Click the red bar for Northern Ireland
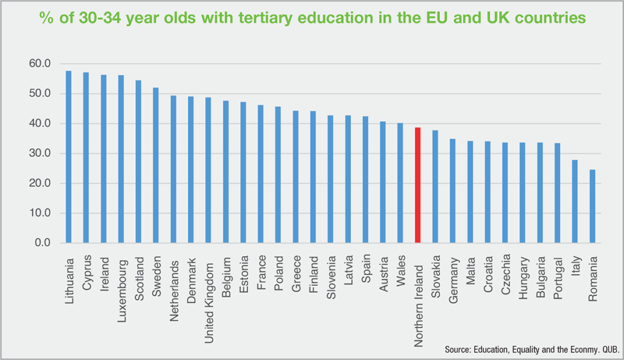click(x=417, y=185)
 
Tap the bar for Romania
click(x=592, y=206)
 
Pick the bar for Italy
click(x=574, y=202)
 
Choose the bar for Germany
click(x=452, y=191)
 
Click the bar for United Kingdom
click(x=208, y=171)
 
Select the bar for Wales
click(x=400, y=183)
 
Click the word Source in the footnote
click(x=458, y=349)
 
